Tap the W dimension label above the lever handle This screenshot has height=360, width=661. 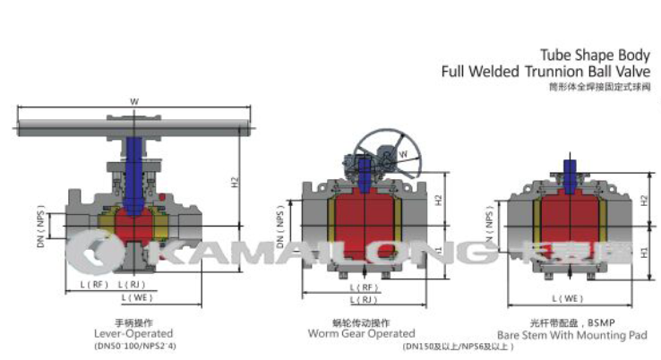(x=134, y=101)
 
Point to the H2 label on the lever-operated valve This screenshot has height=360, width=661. (x=233, y=180)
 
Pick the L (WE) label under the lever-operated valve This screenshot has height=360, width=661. (x=133, y=296)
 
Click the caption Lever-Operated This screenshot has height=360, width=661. (x=134, y=333)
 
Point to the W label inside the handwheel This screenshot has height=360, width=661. (x=402, y=154)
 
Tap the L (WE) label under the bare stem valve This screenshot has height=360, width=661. (x=566, y=296)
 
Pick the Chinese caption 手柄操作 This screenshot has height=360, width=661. (x=134, y=321)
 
